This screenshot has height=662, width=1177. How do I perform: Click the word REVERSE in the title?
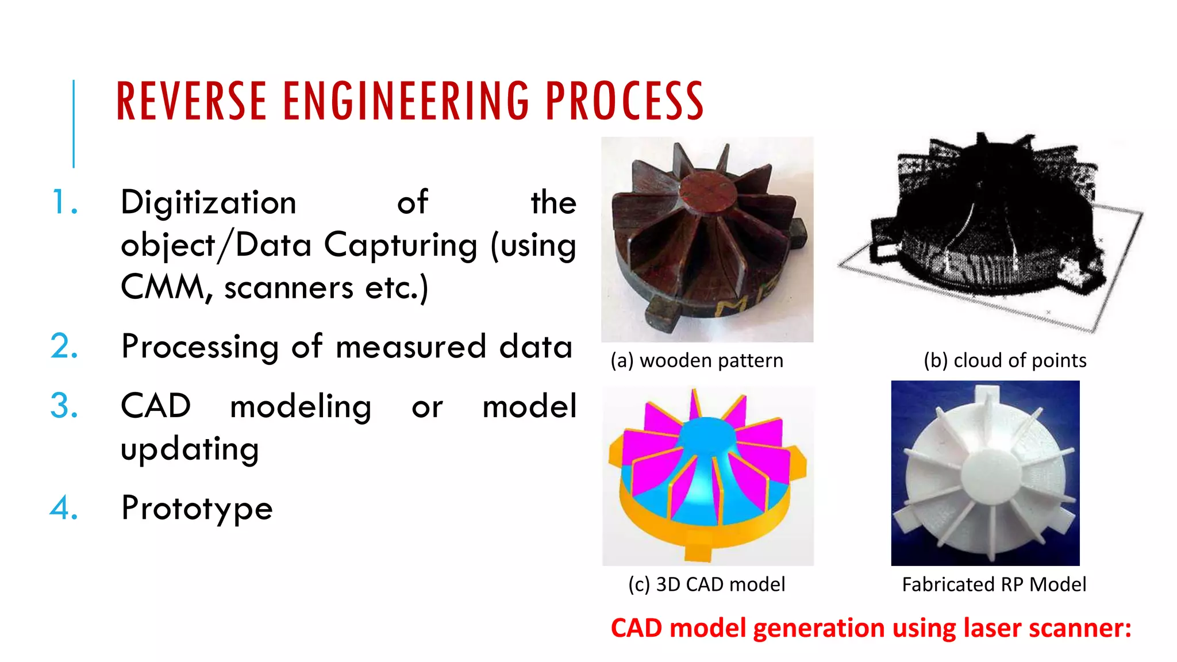click(191, 102)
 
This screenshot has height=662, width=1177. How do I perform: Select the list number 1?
click(64, 203)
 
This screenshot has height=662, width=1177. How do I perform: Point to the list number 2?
click(64, 347)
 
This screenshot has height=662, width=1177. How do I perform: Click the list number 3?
click(64, 406)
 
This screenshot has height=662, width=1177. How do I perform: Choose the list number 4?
click(64, 508)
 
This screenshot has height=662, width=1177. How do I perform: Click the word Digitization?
click(208, 203)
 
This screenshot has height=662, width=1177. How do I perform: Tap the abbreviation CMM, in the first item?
click(167, 287)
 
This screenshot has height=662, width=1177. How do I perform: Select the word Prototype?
click(197, 509)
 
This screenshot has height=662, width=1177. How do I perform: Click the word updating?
click(190, 449)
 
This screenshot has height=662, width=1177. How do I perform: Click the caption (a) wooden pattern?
click(697, 361)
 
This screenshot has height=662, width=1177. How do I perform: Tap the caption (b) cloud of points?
click(1005, 361)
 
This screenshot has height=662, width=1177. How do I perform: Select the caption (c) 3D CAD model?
click(706, 584)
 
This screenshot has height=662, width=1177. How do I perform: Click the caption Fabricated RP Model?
click(994, 584)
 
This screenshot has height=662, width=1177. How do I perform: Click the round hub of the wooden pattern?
click(707, 193)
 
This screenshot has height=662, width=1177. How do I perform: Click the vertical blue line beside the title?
click(74, 124)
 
